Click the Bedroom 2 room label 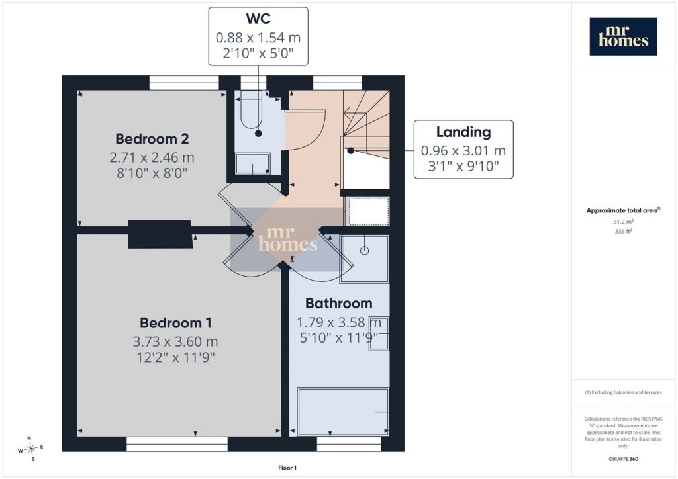pyautogui.click(x=152, y=139)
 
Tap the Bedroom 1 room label pyautogui.click(x=175, y=323)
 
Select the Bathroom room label pyautogui.click(x=338, y=303)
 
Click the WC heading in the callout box pyautogui.click(x=258, y=19)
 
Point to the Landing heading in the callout pyautogui.click(x=463, y=132)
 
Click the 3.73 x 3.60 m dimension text pyautogui.click(x=175, y=341)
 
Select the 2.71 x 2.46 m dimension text pyautogui.click(x=152, y=157)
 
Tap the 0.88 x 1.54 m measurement pyautogui.click(x=258, y=38)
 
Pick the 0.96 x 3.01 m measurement pyautogui.click(x=463, y=151)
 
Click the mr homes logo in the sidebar pyautogui.click(x=623, y=36)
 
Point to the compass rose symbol pyautogui.click(x=30, y=449)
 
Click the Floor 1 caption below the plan pyautogui.click(x=287, y=468)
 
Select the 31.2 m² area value pyautogui.click(x=623, y=222)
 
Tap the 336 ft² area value pyautogui.click(x=623, y=231)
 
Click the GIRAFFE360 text pyautogui.click(x=623, y=459)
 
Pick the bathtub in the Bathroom pyautogui.click(x=343, y=412)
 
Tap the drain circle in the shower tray pyautogui.click(x=365, y=251)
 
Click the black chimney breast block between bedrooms pyautogui.click(x=160, y=234)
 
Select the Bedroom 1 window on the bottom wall pyautogui.click(x=177, y=444)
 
